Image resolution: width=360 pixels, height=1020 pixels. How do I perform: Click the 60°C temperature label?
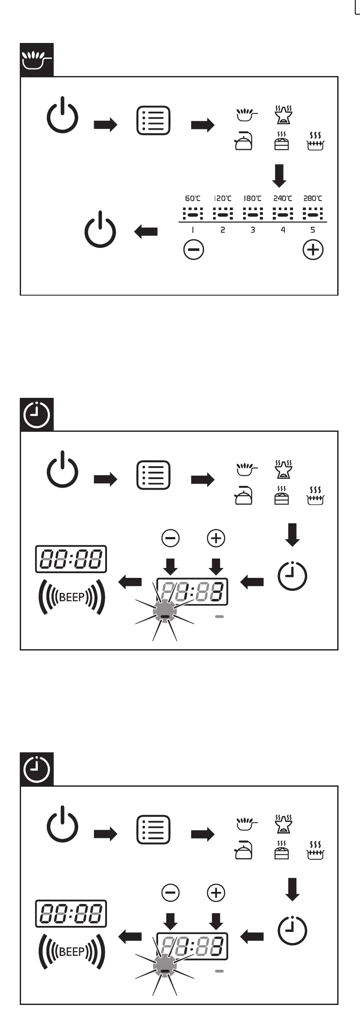pos(192,199)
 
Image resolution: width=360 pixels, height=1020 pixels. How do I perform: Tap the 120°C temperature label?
pos(223,199)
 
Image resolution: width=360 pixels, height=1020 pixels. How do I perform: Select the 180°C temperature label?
pos(253,199)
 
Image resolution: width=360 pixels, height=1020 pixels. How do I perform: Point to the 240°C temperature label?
pos(283,199)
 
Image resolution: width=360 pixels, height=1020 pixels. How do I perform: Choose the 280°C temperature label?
pos(313,199)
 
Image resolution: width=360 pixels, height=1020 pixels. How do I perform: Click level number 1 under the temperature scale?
pos(192,230)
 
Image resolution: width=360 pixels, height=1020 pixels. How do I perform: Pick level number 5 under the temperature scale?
pos(313,230)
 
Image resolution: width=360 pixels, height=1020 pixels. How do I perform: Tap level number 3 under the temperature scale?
pos(253,230)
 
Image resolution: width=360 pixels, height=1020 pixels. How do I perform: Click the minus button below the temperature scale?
pos(194,250)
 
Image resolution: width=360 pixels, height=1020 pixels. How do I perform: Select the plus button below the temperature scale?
pos(313,250)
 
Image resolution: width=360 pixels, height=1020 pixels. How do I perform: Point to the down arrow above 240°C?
pos(279,175)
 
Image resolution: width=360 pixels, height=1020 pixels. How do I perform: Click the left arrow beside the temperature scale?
pos(146,232)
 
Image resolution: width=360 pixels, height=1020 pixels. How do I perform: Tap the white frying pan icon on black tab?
pos(37,60)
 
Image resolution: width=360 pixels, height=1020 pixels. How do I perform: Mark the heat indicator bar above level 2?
pos(223,213)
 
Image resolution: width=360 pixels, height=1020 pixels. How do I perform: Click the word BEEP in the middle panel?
pos(71,597)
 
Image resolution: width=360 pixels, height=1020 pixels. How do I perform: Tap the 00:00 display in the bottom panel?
pos(71,913)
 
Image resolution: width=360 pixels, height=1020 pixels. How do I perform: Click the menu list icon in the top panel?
pos(153,121)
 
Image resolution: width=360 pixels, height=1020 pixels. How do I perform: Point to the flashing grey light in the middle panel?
pos(165,611)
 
